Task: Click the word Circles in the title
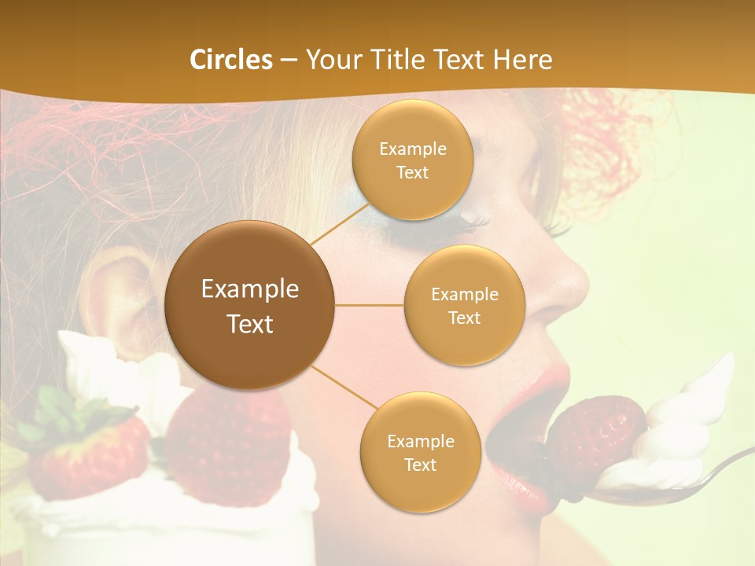pos(231,60)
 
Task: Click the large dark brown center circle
pos(249,305)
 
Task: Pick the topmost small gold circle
pos(412,160)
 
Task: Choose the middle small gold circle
pos(464,305)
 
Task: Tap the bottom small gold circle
pos(420,453)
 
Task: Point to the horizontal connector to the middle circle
pos(369,305)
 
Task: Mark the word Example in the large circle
pos(249,289)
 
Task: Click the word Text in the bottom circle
pos(420,465)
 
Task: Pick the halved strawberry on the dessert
pos(228,440)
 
